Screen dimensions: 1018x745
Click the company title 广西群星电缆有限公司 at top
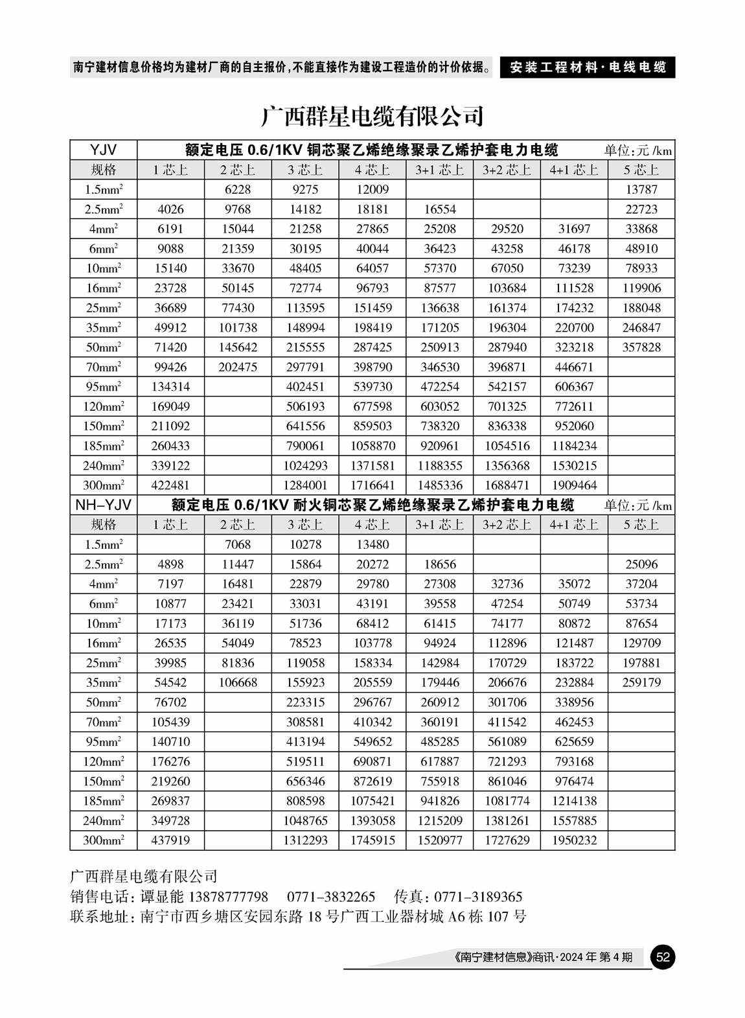pos(372,116)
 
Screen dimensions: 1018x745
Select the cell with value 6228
pos(238,190)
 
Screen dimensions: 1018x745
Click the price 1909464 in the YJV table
pos(574,485)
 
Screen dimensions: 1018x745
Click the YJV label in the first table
pos(104,150)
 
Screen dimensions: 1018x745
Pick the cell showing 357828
pos(641,347)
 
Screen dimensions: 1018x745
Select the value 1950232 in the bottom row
pos(574,840)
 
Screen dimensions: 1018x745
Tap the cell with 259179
pos(641,682)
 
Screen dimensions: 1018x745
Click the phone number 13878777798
pos(228,897)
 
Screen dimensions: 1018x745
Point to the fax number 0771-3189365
pos(477,897)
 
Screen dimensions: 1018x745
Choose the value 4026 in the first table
pos(170,209)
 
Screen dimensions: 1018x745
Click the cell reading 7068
pos(238,544)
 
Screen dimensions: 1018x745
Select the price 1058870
pos(372,446)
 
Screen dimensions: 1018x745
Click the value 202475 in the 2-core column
pos(238,367)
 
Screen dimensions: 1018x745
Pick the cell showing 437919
pos(170,840)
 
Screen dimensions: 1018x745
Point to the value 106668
pos(238,682)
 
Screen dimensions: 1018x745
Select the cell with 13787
pos(641,190)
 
